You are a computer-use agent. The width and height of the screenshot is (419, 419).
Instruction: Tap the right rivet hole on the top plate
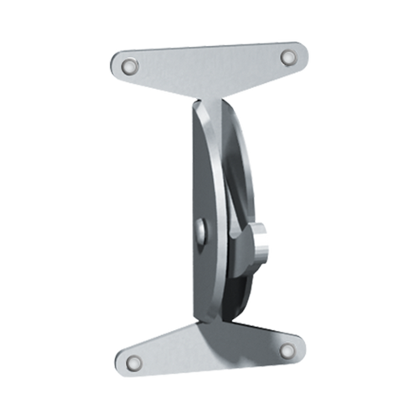(x=288, y=57)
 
